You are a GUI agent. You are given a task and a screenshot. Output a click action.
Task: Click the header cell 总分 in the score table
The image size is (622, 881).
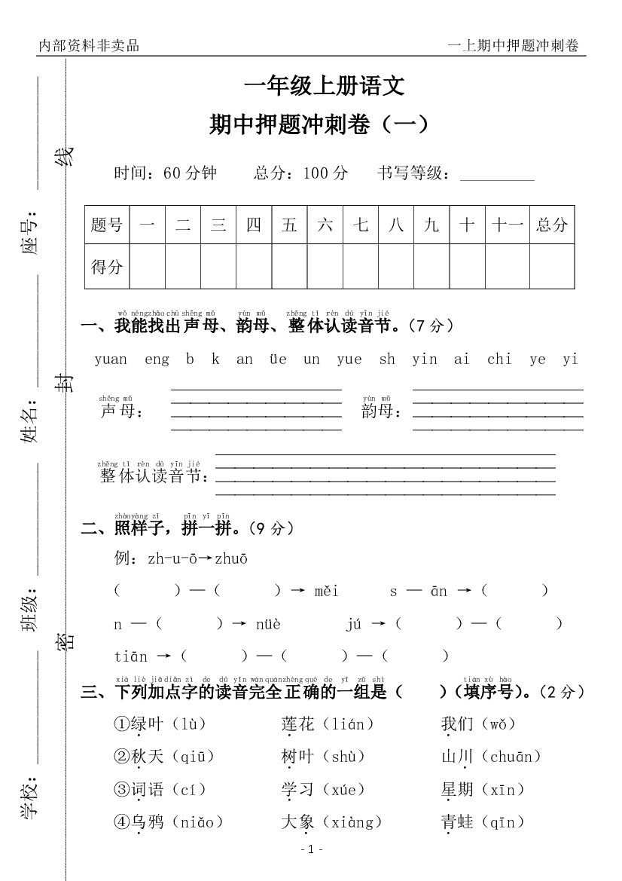[551, 225]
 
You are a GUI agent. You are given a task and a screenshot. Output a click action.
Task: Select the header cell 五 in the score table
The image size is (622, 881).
[289, 225]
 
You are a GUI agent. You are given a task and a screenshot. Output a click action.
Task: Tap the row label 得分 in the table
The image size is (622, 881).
[106, 267]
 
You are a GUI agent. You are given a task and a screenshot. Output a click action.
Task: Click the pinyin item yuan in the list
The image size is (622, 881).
[111, 359]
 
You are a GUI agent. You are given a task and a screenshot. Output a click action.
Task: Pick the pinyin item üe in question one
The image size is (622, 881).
[278, 359]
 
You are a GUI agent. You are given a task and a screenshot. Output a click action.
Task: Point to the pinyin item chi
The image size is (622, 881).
[499, 359]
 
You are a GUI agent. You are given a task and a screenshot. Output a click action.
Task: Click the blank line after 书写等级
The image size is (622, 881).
[496, 175]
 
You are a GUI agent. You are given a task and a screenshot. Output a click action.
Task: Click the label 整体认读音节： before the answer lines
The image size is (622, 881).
[155, 476]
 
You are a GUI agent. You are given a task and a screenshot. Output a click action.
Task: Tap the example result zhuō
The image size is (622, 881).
[231, 559]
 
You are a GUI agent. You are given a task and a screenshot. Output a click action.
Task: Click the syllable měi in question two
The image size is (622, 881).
[327, 591]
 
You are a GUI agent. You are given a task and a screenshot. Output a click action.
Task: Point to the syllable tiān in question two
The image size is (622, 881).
[131, 656]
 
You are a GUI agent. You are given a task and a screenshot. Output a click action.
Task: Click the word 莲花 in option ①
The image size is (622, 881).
[297, 724]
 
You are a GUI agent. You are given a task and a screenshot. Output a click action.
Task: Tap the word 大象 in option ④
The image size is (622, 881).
[297, 821]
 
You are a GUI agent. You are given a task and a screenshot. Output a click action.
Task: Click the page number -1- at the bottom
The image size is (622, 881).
[311, 849]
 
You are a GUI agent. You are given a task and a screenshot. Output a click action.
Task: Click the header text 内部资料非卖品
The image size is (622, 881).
[89, 46]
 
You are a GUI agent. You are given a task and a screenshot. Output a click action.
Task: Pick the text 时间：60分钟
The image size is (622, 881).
[166, 173]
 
